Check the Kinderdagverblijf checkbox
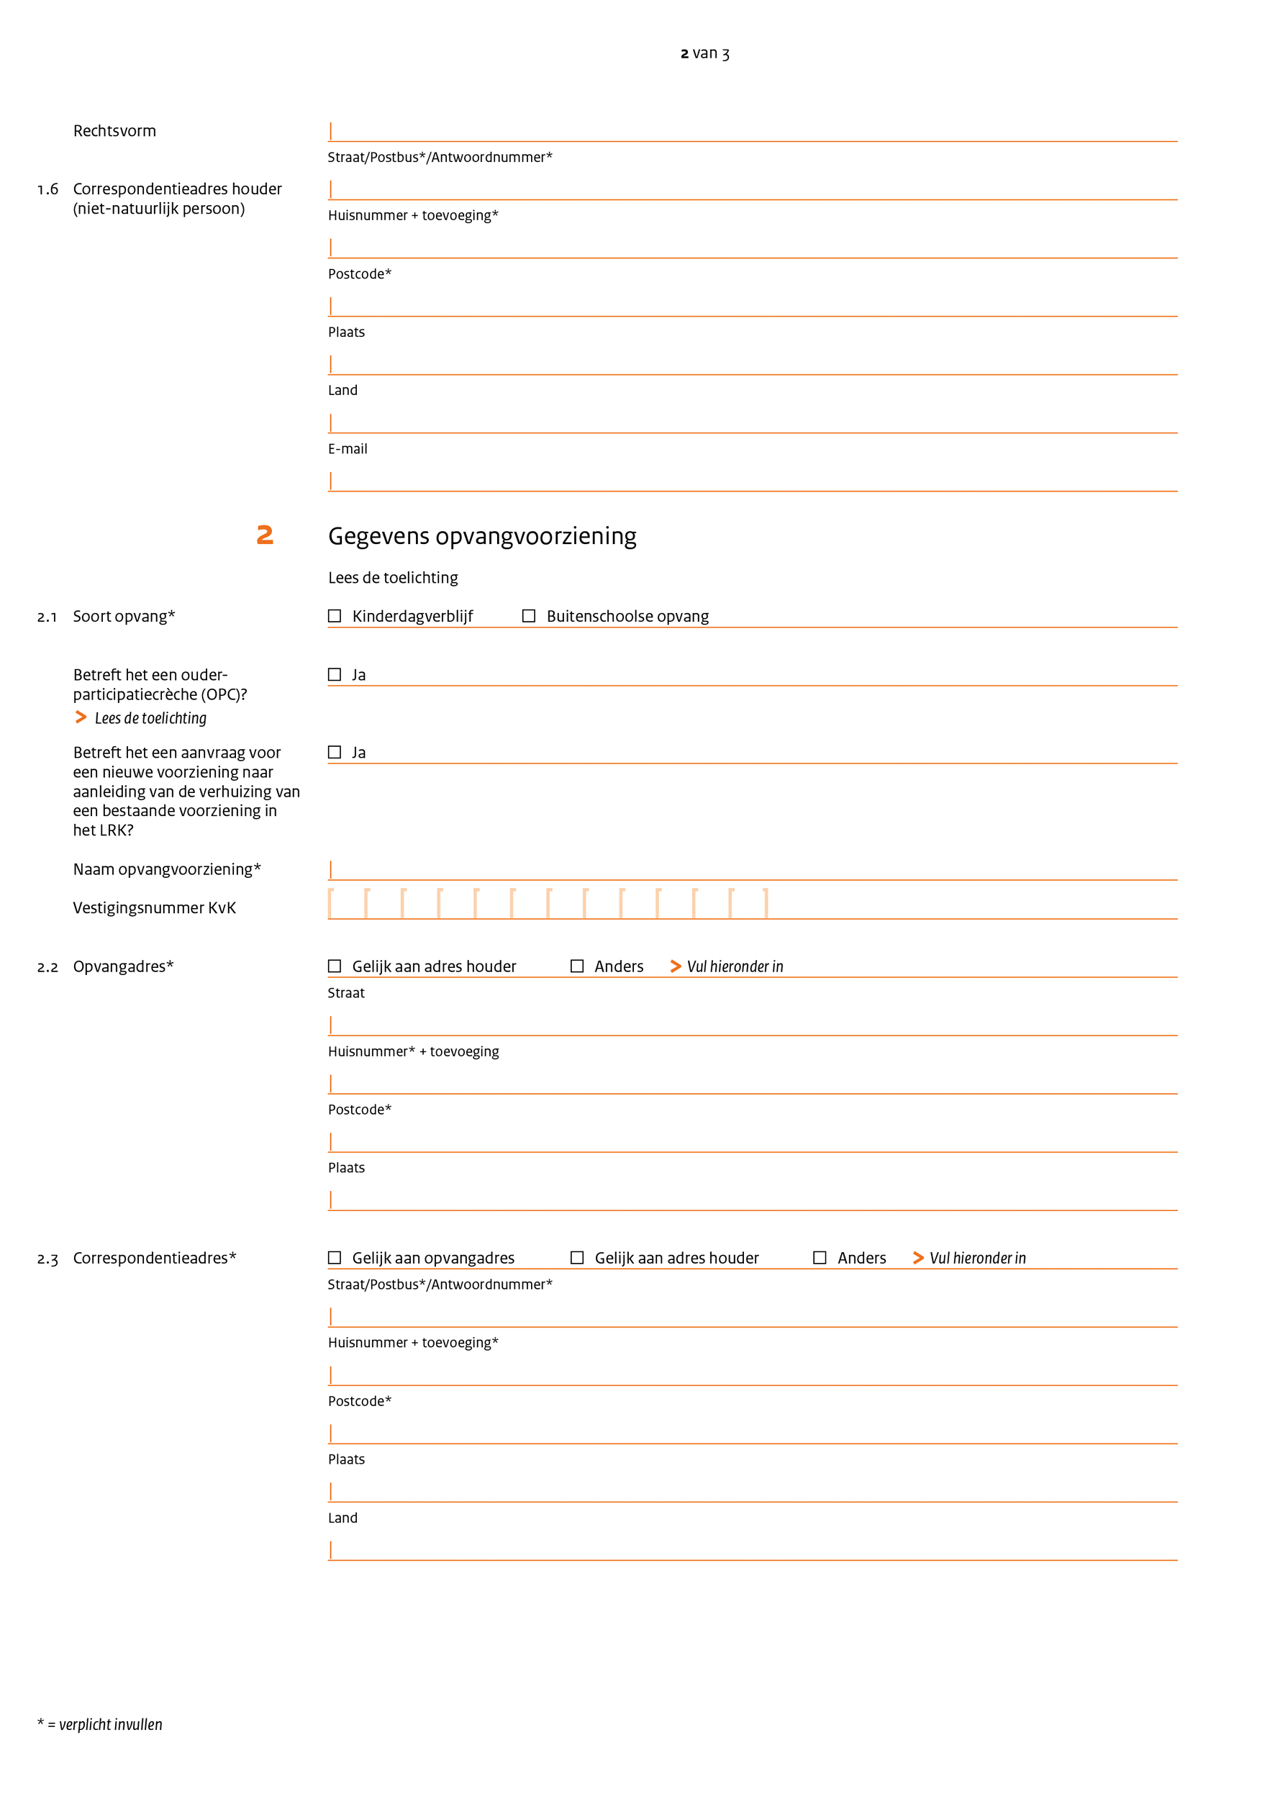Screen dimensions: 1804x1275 click(x=335, y=616)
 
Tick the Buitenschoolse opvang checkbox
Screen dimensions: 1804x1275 click(x=529, y=616)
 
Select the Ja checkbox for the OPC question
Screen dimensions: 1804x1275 click(x=335, y=675)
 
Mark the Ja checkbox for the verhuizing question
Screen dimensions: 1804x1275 click(x=335, y=753)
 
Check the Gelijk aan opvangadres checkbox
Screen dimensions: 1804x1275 click(x=335, y=1258)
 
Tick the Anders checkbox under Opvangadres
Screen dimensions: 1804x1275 click(x=576, y=966)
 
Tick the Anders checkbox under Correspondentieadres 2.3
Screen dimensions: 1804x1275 click(x=820, y=1258)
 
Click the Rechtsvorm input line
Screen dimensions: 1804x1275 click(x=752, y=131)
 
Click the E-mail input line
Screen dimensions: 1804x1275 click(x=752, y=481)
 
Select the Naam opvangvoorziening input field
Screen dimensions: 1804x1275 click(x=752, y=870)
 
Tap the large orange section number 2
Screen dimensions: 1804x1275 click(x=265, y=535)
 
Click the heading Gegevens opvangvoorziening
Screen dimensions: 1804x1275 click(x=481, y=536)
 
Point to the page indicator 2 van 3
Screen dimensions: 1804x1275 click(x=704, y=53)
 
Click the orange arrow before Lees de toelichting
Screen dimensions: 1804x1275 click(x=81, y=717)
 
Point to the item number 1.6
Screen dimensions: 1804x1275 click(x=48, y=189)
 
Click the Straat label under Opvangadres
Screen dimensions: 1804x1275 click(x=346, y=993)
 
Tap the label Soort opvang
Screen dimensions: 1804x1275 click(x=123, y=617)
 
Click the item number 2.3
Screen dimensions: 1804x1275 click(x=48, y=1259)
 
